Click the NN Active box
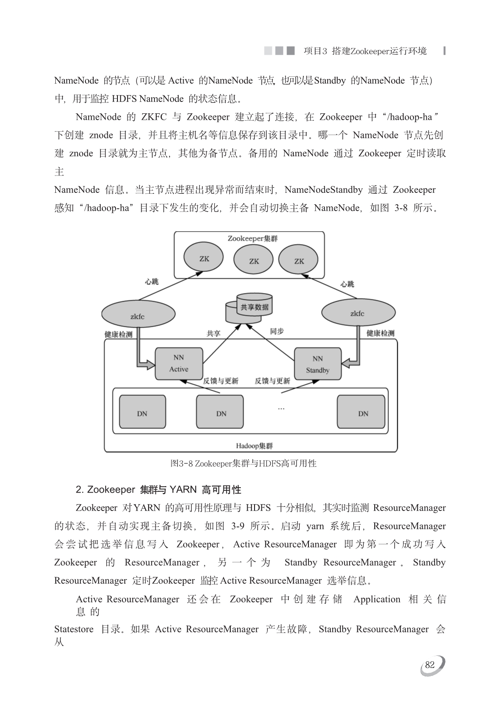pos(179,363)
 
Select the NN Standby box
pos(318,364)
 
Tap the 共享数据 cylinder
pos(249,308)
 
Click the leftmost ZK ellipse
pos(203,257)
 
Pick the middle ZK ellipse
pos(253,260)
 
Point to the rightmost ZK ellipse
pos(298,260)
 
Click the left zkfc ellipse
pos(138,314)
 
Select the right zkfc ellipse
pos(359,312)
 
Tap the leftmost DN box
pos(142,412)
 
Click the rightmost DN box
pos(361,412)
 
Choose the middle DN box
pos(220,412)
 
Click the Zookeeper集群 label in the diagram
pos(253,239)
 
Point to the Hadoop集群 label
pos(254,446)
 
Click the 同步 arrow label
pos(277,331)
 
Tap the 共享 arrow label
pos(213,334)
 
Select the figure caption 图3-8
pos(243,463)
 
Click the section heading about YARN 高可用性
pos(158,489)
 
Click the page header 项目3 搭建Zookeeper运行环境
pos(365,51)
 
